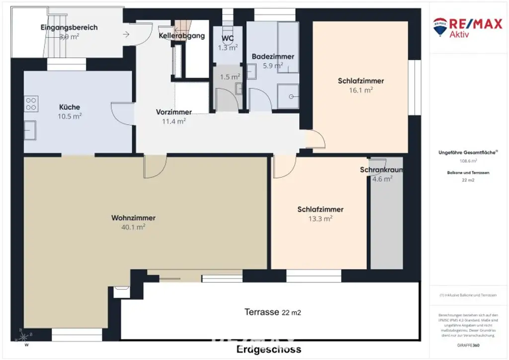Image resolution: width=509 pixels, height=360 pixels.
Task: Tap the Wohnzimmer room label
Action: tap(133, 218)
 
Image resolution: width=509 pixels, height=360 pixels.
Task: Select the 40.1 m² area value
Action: tap(133, 227)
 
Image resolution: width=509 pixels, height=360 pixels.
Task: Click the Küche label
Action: tap(70, 107)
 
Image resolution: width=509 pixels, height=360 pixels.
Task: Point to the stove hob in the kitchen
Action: tap(31, 103)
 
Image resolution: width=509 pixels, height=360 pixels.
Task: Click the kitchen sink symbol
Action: tap(29, 130)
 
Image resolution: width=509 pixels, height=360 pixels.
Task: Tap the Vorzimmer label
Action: tap(173, 112)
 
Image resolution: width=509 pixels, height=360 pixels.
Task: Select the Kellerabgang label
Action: tap(181, 36)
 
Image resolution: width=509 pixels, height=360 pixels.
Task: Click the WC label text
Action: tap(227, 39)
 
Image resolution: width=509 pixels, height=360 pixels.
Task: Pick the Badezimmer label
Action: tap(273, 56)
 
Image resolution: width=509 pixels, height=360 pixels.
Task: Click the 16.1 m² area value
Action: tap(361, 90)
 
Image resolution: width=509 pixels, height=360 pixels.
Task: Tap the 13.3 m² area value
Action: tap(320, 218)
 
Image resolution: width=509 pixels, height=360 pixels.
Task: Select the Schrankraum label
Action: tap(382, 170)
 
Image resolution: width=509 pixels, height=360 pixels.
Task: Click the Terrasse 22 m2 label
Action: tap(272, 312)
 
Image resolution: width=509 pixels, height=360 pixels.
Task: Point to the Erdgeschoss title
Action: tap(268, 349)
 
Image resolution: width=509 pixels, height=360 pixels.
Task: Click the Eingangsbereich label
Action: tap(69, 27)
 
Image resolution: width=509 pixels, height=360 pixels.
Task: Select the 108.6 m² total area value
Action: tap(467, 161)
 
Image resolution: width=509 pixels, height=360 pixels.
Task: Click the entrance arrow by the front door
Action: tap(126, 34)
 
